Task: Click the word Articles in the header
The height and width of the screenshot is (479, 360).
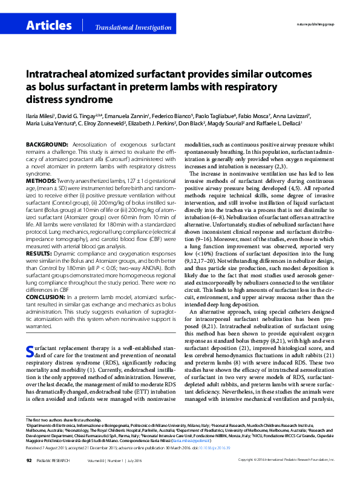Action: pyautogui.click(x=49, y=25)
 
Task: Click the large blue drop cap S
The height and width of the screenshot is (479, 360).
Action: pyautogui.click(x=30, y=352)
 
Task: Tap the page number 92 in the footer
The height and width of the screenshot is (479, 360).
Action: pyautogui.click(x=28, y=460)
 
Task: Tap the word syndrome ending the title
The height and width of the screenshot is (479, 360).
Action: pyautogui.click(x=76, y=98)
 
